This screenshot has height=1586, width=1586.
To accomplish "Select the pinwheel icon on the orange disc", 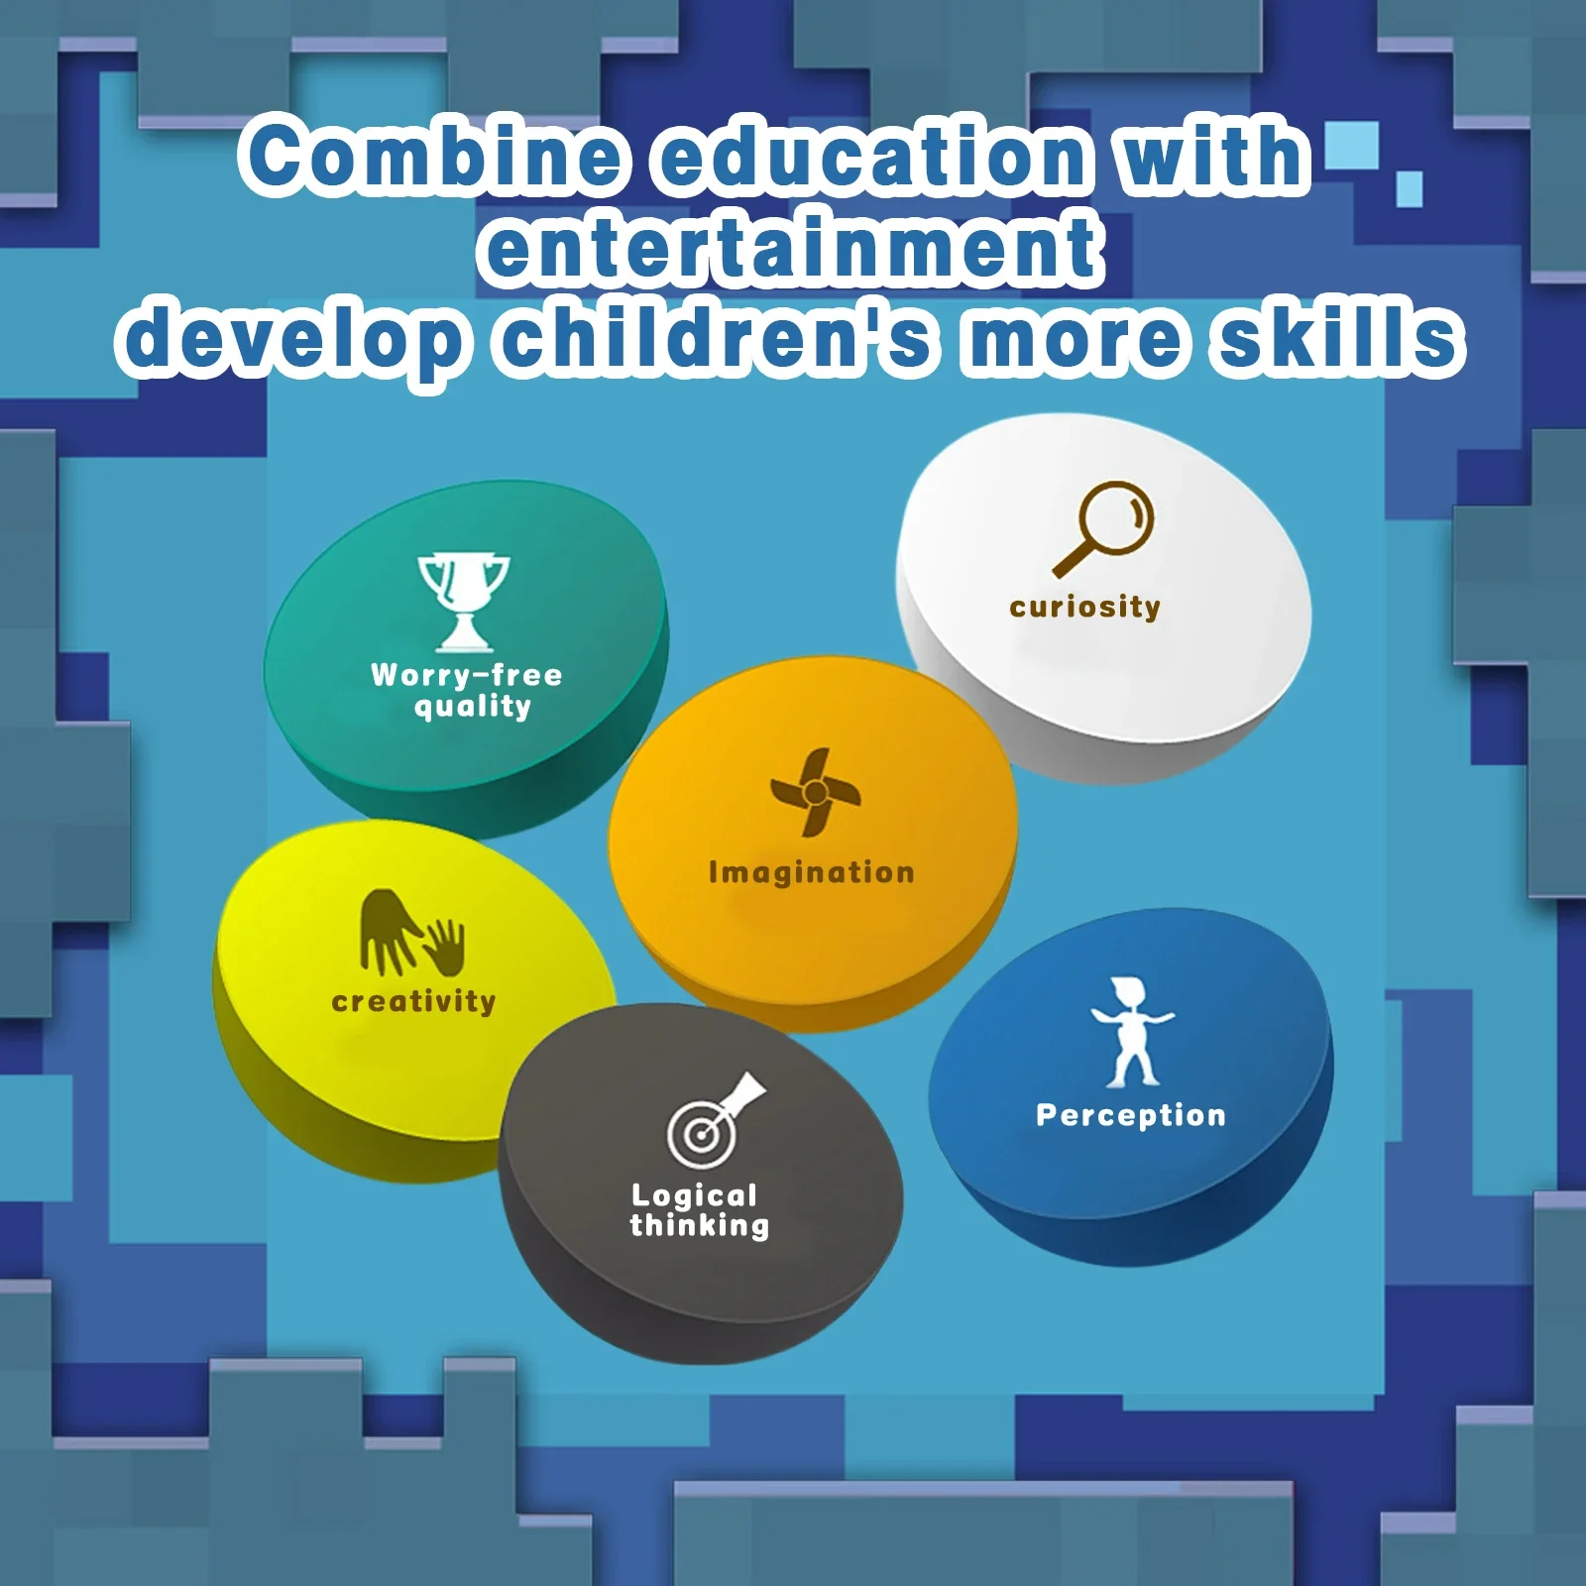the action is click(815, 792).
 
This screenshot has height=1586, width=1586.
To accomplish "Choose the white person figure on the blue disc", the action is click(1131, 1032).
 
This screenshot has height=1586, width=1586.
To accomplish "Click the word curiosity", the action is click(1084, 607).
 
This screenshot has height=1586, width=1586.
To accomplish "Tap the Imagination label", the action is click(812, 873).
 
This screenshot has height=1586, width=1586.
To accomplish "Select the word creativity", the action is click(413, 1001).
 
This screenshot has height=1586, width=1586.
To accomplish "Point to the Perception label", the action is click(1131, 1116).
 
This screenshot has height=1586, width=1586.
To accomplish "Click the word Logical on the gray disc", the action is click(694, 1196).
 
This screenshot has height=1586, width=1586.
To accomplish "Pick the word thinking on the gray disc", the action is click(699, 1226).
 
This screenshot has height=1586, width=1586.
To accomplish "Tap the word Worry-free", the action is click(466, 675).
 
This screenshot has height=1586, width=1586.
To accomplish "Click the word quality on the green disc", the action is click(473, 707).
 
